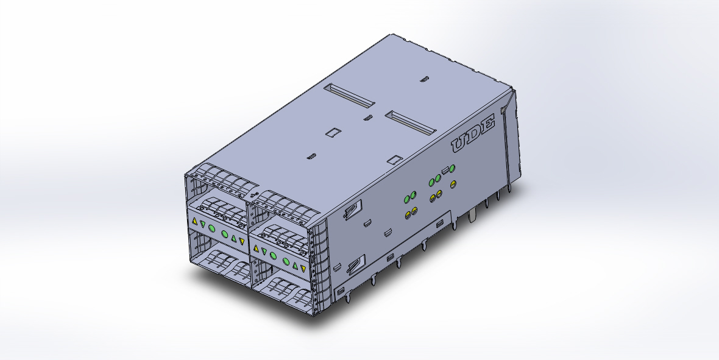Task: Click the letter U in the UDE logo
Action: point(461,143)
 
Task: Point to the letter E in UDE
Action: point(487,124)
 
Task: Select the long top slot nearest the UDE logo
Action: point(409,122)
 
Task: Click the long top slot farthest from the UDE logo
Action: point(349,96)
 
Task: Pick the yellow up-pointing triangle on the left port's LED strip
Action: point(194,221)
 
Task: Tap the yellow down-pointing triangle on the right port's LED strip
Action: point(303,269)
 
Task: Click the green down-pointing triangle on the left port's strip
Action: point(203,224)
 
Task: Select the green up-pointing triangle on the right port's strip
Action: point(296,266)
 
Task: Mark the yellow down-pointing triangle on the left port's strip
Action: point(242,241)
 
